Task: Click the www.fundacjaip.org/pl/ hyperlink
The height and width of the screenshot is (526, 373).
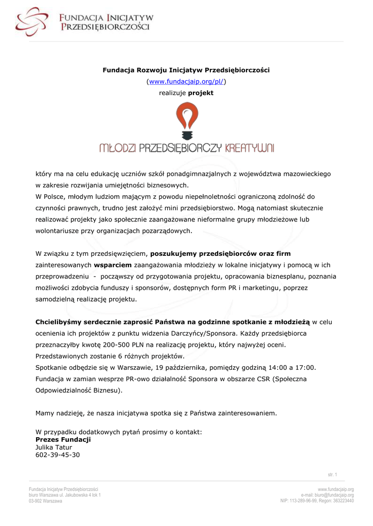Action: click(x=186, y=81)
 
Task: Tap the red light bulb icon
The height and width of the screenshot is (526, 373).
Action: click(x=186, y=120)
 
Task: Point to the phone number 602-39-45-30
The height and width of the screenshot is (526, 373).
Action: click(x=58, y=455)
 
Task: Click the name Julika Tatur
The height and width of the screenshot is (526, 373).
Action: click(x=54, y=447)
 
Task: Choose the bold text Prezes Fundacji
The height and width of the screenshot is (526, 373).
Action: click(x=63, y=440)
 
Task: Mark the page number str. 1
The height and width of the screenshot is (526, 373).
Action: click(x=332, y=474)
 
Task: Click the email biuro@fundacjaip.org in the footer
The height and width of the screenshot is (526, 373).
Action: click(x=334, y=495)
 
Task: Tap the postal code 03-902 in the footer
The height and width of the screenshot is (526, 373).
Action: click(x=35, y=501)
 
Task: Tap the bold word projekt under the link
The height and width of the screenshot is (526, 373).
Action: click(x=201, y=93)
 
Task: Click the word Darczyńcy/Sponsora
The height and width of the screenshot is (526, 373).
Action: click(x=187, y=333)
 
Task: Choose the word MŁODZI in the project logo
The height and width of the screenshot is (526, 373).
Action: click(x=118, y=148)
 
